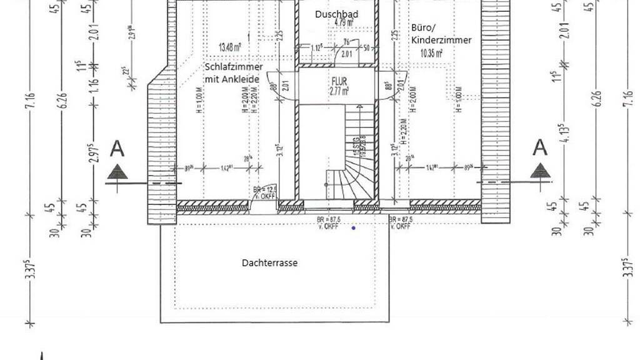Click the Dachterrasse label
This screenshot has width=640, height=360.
[269, 263]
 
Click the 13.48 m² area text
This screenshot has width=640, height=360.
[231, 46]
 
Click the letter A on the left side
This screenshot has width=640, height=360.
[116, 149]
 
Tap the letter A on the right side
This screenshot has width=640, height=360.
[539, 148]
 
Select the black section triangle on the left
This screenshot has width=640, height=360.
[117, 171]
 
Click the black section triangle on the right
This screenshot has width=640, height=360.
[539, 171]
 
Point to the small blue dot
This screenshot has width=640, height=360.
[354, 228]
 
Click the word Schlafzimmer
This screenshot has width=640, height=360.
[234, 67]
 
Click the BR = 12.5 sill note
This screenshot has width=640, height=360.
[264, 189]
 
